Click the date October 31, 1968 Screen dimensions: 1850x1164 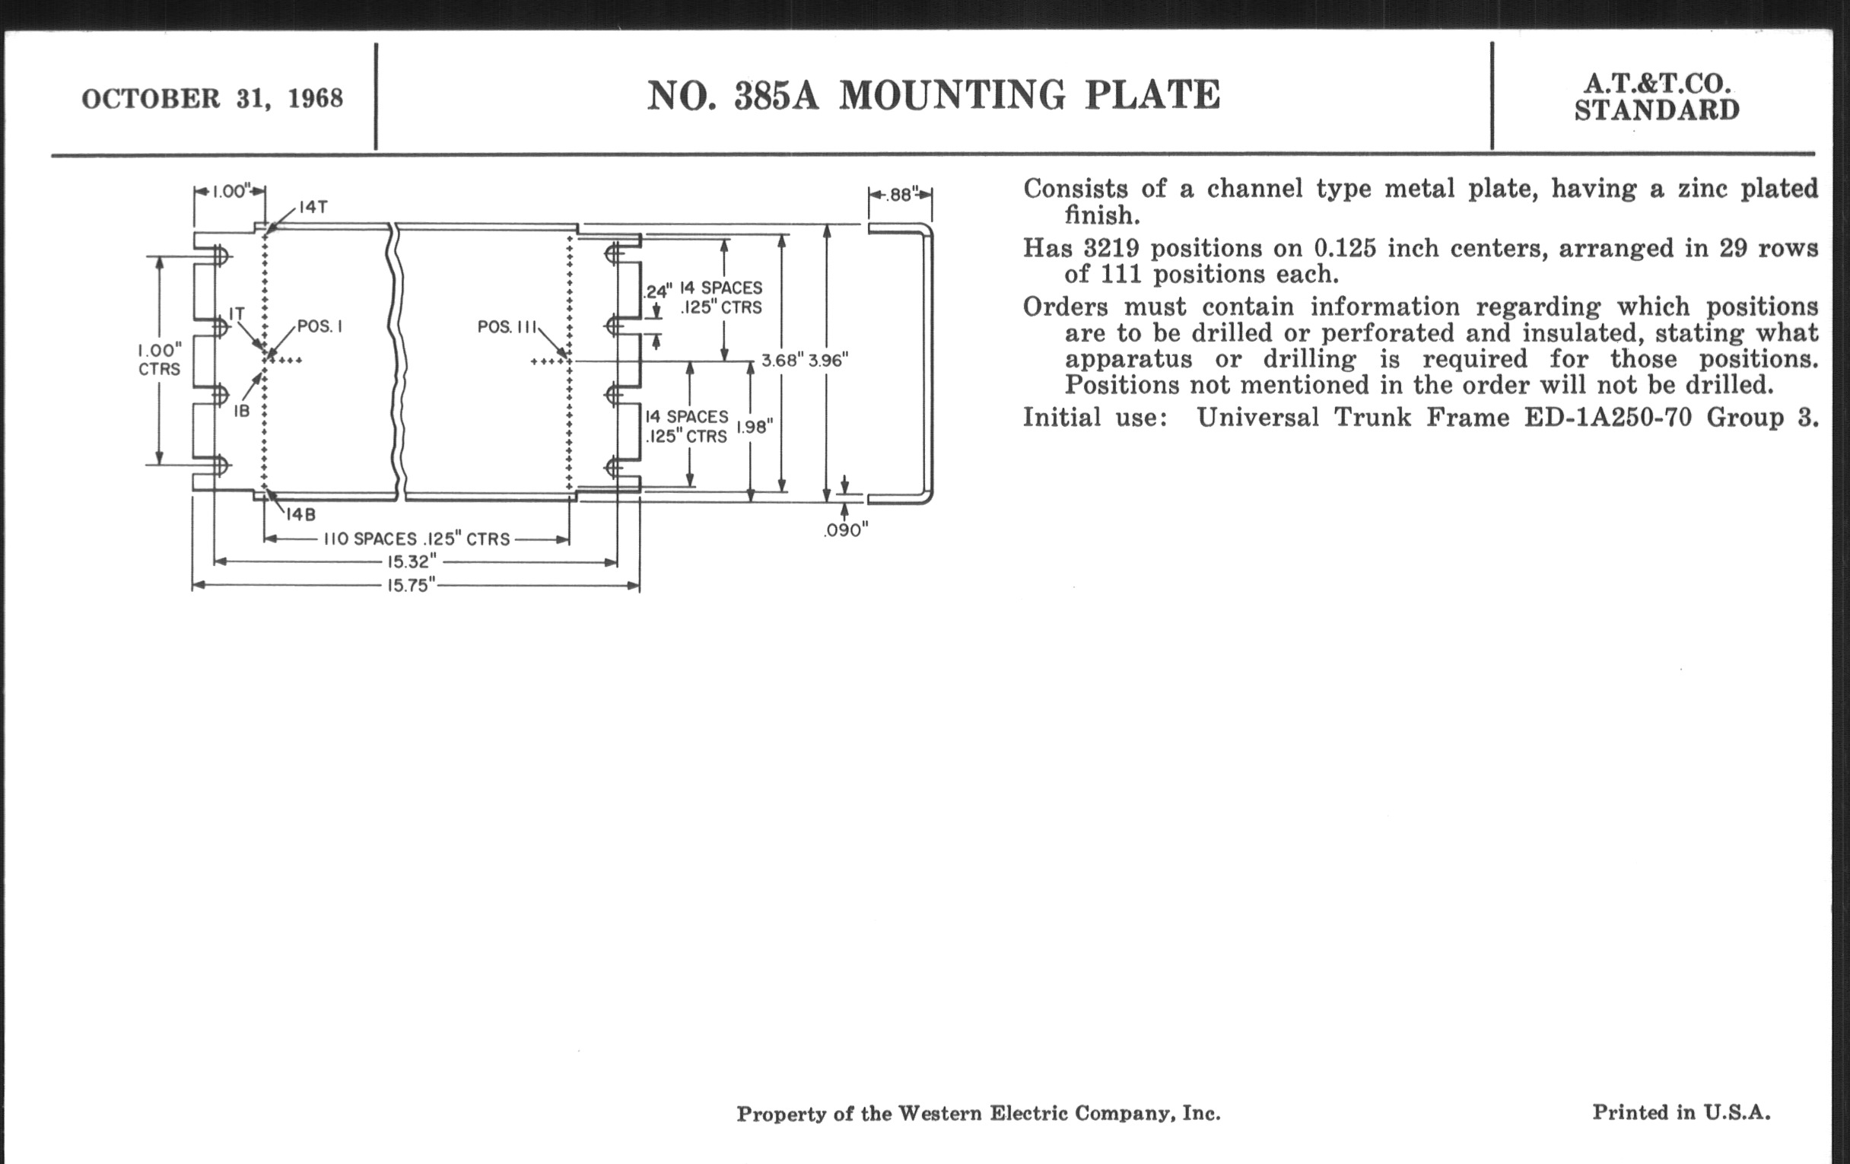coord(212,99)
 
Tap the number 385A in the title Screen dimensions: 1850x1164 coord(776,96)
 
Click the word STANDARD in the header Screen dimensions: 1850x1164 coord(1657,110)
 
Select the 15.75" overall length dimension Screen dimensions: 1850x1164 coord(411,587)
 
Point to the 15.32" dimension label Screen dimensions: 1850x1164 coord(412,561)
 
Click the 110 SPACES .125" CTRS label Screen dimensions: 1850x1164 coord(416,539)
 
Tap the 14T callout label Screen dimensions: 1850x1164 coord(314,207)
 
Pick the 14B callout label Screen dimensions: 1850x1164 coord(301,515)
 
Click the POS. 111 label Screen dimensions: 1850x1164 coord(507,327)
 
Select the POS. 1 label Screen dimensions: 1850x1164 coord(319,326)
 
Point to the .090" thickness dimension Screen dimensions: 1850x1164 coord(846,531)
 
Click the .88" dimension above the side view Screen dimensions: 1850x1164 coord(900,196)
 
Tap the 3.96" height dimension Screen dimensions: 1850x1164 coord(828,361)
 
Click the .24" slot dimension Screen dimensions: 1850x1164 coord(658,291)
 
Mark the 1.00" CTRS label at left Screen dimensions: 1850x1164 coord(160,360)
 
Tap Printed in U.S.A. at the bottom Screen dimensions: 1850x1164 coord(1681,1112)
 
